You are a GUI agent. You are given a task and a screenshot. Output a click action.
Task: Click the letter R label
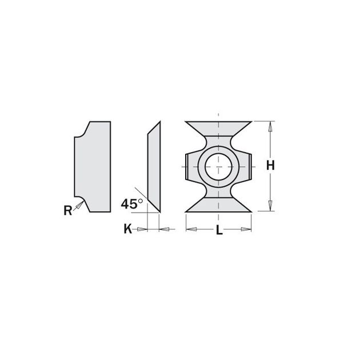[x=67, y=210]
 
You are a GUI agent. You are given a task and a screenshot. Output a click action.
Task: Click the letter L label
[x=219, y=231]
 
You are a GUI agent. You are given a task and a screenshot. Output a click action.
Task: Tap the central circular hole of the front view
[x=219, y=166]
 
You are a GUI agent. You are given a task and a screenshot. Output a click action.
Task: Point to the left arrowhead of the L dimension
[x=190, y=230]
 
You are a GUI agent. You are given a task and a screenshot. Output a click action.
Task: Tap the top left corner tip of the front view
[x=186, y=122]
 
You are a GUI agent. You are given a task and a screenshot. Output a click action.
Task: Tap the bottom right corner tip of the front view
[x=251, y=210]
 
